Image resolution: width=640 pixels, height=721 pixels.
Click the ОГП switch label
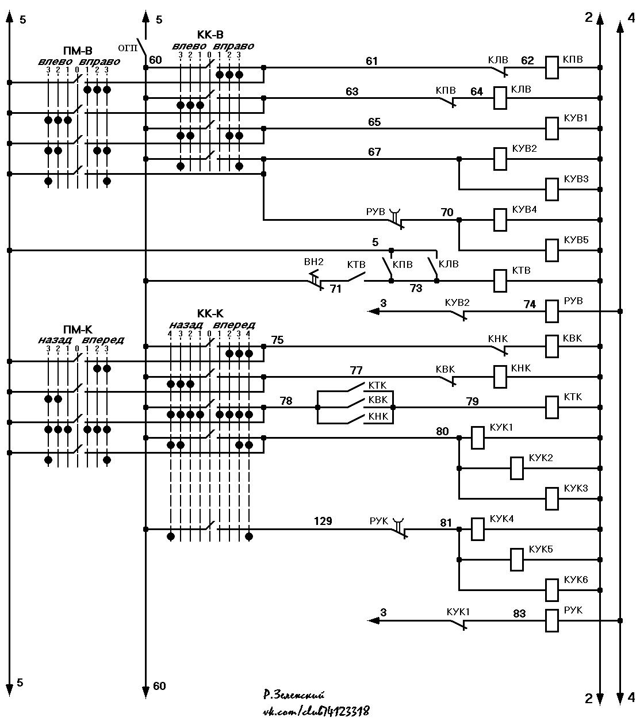pos(128,48)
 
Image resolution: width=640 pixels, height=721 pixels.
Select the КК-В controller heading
pos(210,34)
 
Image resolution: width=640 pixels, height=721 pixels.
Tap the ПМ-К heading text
pos(78,329)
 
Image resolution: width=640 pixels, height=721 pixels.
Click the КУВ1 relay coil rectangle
pos(551,128)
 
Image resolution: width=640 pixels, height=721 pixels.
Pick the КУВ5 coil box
pos(551,250)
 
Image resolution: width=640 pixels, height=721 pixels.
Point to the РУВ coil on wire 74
pos(551,311)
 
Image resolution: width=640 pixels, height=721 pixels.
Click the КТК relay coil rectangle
pos(551,407)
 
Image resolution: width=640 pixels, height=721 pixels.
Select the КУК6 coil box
pos(551,590)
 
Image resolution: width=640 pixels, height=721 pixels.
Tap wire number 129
pos(323,521)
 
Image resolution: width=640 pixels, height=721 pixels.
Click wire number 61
pos(371,61)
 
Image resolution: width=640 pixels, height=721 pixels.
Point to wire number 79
pos(472,401)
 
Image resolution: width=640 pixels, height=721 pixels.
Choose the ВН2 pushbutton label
pos(313,262)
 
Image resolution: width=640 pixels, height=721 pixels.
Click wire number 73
pos(416,288)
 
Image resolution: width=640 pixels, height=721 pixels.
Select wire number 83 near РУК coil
pos(519,613)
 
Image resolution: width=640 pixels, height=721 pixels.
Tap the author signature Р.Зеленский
pos(294,695)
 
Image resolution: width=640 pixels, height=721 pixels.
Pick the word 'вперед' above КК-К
pos(234,325)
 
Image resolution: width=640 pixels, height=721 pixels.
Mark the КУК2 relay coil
pos(517,469)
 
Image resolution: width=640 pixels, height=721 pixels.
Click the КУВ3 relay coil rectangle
pos(551,189)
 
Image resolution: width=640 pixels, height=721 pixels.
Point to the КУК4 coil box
pos(478,529)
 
